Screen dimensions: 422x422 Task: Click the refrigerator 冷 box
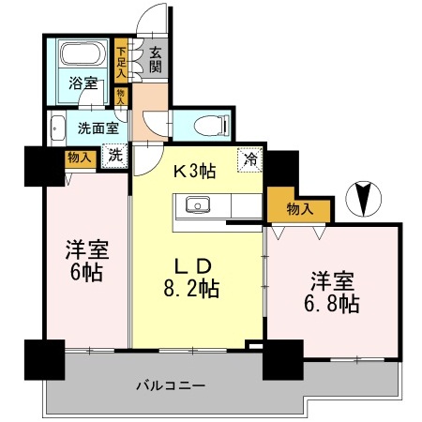[x=251, y=159]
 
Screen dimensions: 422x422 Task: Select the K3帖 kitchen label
[x=195, y=172]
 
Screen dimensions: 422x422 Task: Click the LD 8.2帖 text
[x=195, y=274]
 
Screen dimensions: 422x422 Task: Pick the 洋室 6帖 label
[x=84, y=262]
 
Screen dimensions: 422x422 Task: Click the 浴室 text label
[x=82, y=83]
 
